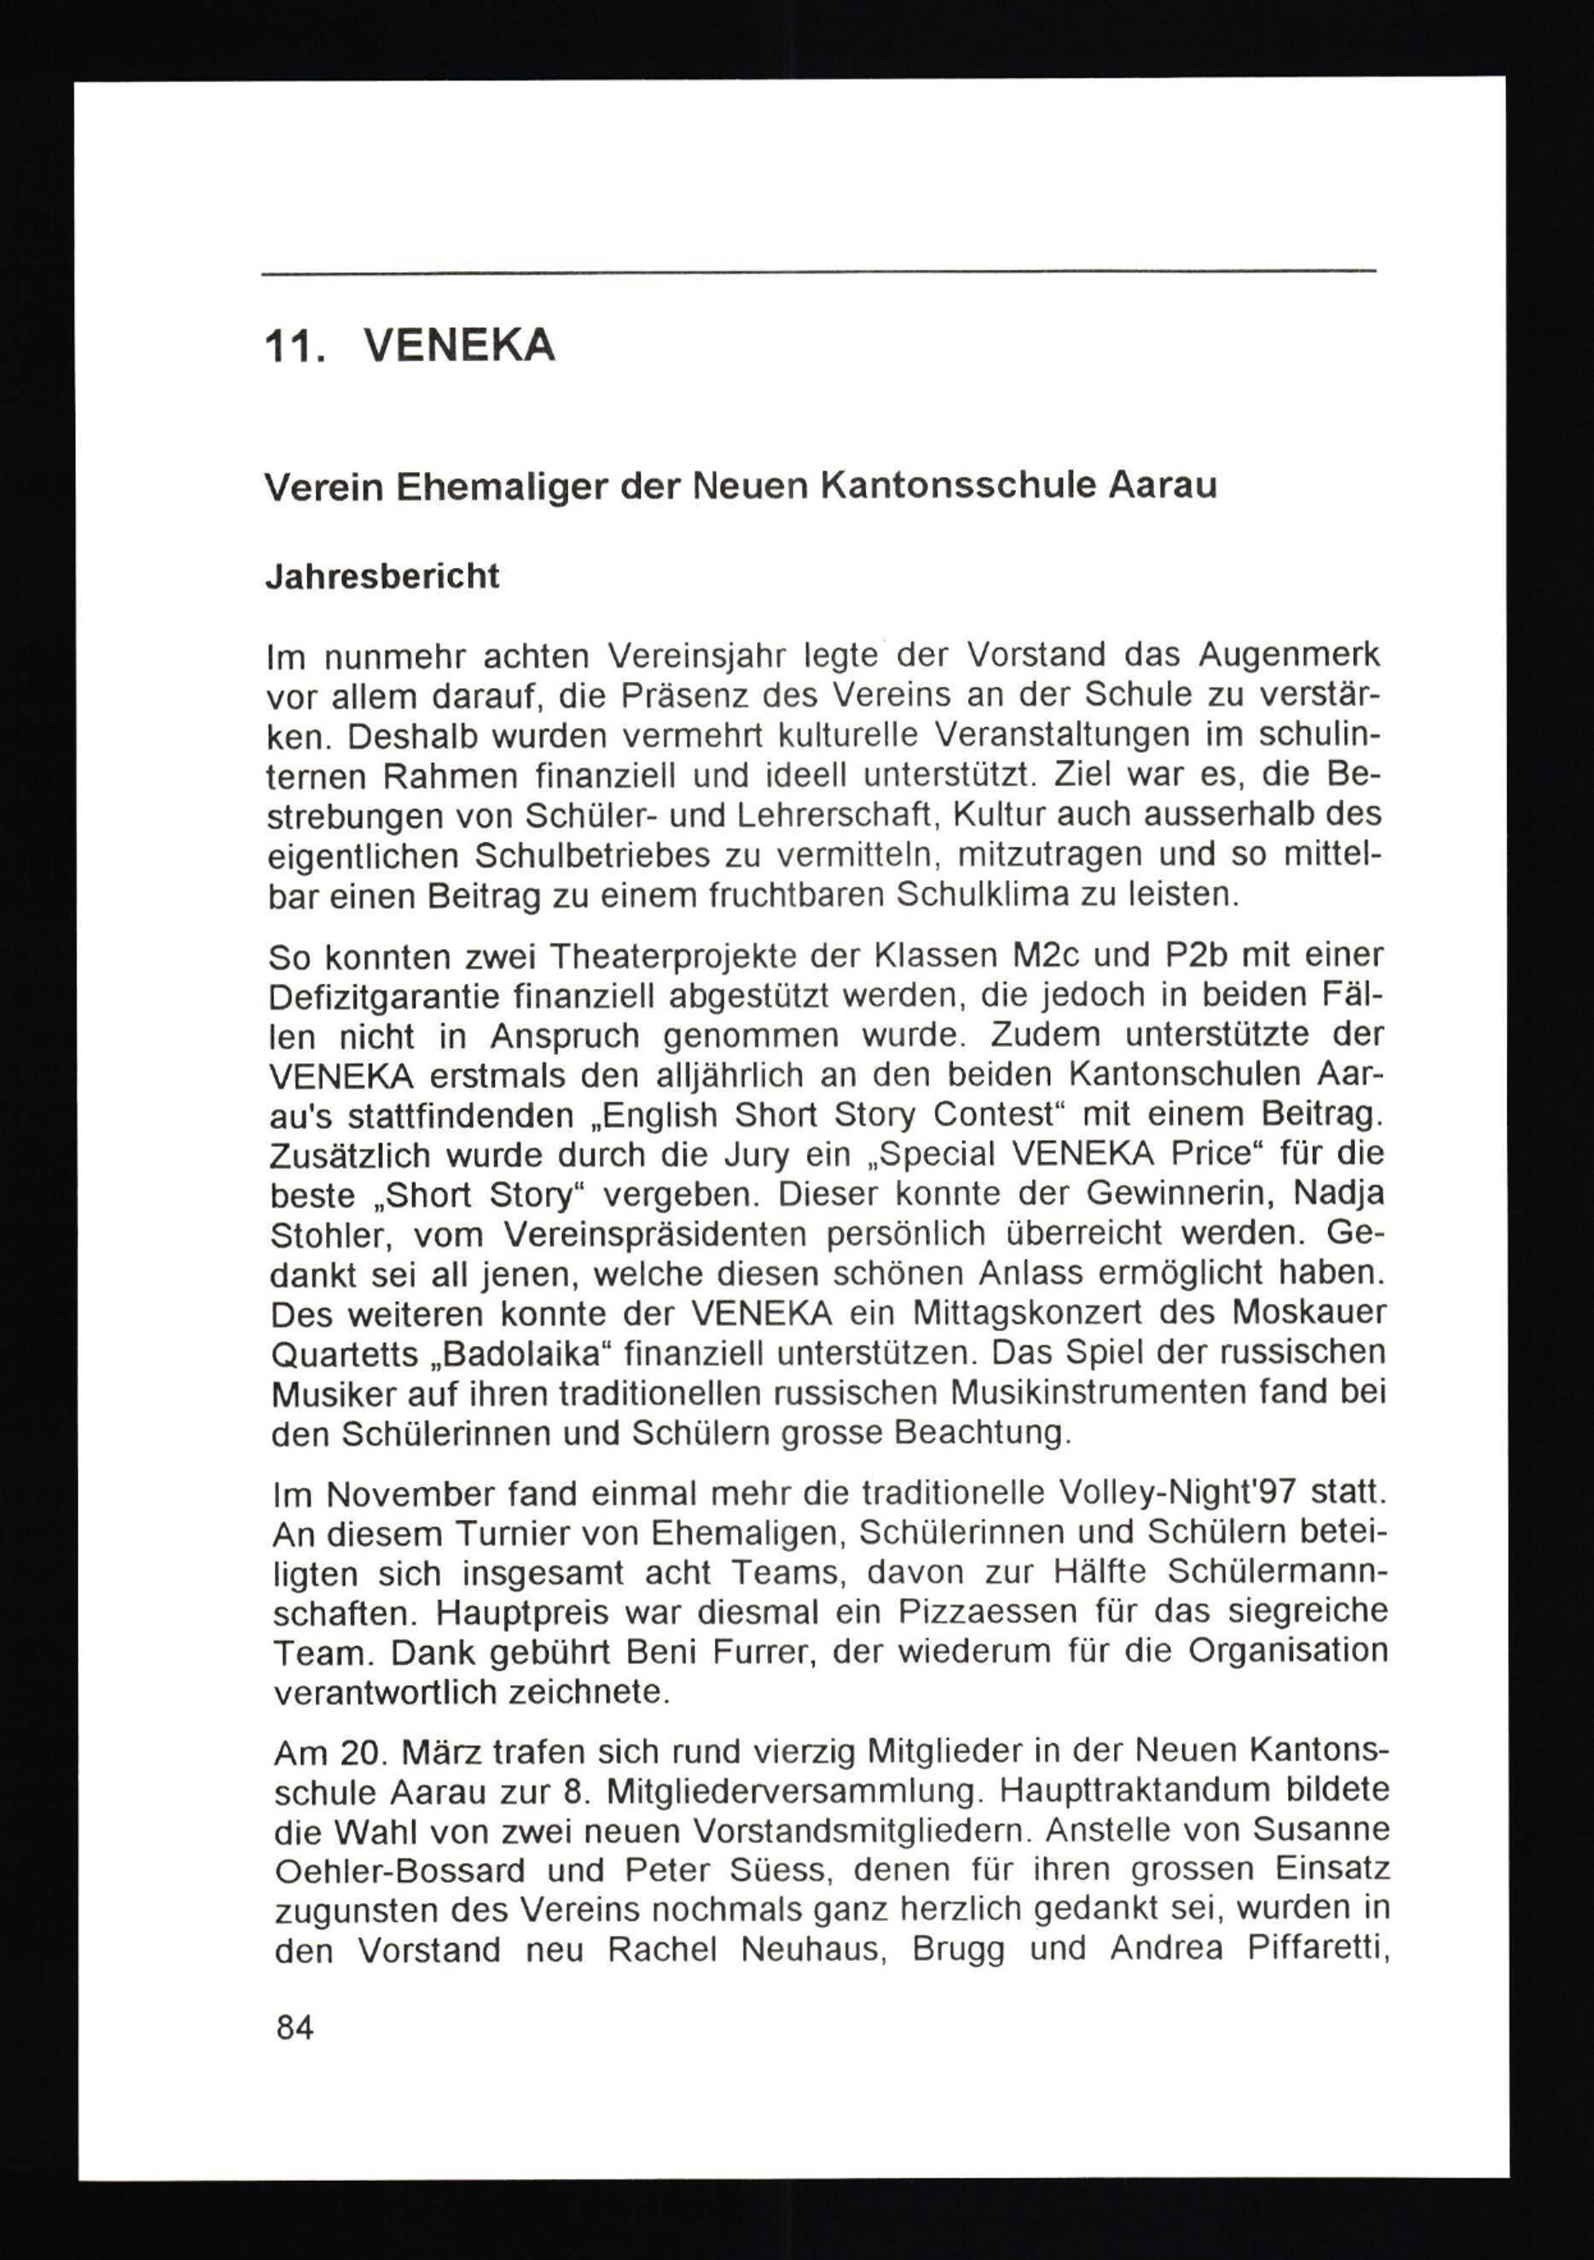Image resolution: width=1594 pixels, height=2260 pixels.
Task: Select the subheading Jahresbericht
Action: pyautogui.click(x=383, y=576)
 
